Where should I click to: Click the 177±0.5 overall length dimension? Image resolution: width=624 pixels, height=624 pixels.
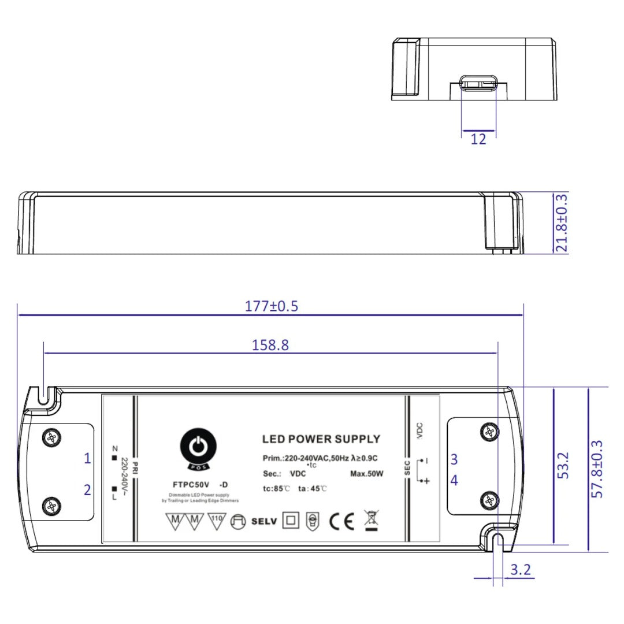click(x=271, y=306)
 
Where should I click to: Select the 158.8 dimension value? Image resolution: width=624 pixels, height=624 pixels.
click(x=270, y=346)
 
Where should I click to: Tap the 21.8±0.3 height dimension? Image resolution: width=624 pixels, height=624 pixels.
click(x=561, y=222)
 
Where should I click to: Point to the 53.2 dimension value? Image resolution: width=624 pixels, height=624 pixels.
click(x=563, y=466)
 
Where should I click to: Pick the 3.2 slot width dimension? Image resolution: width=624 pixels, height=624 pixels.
click(x=520, y=570)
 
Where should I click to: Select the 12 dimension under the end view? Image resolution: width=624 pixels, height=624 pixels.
click(x=478, y=139)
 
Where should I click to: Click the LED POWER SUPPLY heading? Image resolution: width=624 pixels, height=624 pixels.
click(x=321, y=439)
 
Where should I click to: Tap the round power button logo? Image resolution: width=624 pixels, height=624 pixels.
click(x=198, y=446)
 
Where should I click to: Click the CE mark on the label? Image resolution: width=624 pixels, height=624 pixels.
click(x=341, y=522)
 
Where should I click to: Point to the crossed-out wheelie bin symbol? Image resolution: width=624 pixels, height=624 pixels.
click(x=370, y=520)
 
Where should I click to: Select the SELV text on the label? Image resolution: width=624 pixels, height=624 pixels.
click(x=264, y=522)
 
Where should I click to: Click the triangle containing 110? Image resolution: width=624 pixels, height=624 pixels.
click(x=216, y=521)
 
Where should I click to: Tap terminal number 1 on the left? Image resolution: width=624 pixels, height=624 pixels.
click(x=87, y=459)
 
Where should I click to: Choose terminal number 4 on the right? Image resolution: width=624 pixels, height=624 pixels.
click(x=454, y=480)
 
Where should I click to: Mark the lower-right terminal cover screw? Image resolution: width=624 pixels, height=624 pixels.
click(x=491, y=499)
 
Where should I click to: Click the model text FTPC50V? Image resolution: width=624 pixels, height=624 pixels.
click(x=191, y=484)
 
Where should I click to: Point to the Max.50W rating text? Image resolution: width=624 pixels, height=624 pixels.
click(x=367, y=474)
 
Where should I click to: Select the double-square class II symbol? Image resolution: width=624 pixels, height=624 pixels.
click(x=290, y=521)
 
